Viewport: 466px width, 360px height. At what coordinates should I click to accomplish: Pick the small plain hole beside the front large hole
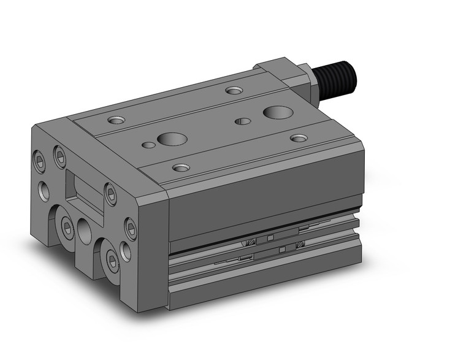(x=148, y=146)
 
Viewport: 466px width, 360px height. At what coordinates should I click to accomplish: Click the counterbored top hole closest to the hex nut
(x=234, y=91)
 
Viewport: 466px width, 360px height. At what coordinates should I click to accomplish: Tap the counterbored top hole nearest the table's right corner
(x=299, y=138)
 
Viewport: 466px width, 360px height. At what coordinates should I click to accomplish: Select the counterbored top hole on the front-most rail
(x=180, y=167)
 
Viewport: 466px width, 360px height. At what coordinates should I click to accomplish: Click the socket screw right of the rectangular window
(x=110, y=194)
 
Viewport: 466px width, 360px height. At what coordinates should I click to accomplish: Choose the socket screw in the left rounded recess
(x=66, y=229)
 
